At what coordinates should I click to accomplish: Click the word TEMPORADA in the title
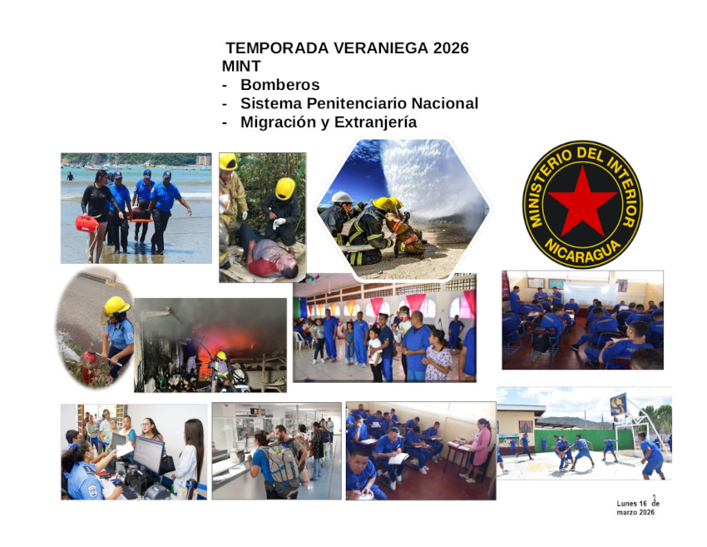click(277, 47)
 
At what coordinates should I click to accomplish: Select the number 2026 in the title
click(451, 47)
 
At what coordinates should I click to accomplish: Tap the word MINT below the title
click(241, 66)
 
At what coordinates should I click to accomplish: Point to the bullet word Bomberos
click(280, 84)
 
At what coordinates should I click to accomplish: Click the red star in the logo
click(582, 201)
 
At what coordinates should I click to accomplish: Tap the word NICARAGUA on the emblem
click(582, 251)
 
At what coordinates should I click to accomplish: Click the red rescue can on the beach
click(87, 223)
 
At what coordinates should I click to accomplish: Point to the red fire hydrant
click(90, 367)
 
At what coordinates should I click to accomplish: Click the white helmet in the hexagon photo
click(342, 197)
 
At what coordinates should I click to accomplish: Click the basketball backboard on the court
click(618, 405)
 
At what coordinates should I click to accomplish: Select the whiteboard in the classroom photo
click(591, 294)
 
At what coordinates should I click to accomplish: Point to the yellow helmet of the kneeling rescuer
click(285, 188)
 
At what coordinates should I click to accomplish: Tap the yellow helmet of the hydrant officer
click(116, 306)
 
